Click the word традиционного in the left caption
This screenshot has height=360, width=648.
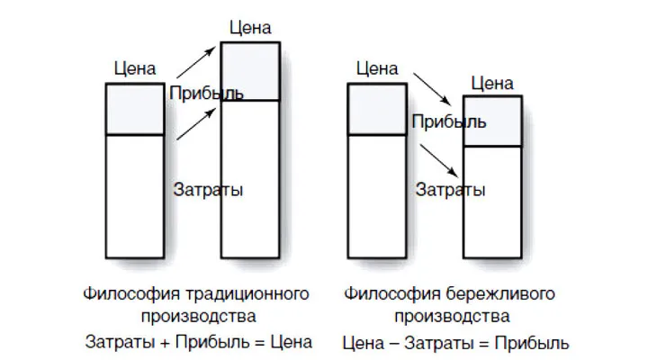click(x=247, y=294)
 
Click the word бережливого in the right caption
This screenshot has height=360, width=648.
click(x=500, y=294)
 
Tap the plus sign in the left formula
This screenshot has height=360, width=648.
click(x=165, y=343)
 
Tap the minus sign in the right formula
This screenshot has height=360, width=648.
click(x=394, y=344)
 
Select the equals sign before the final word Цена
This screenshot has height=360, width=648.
click(x=259, y=343)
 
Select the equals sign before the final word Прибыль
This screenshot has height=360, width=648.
click(x=484, y=344)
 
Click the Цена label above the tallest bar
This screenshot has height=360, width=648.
click(x=250, y=28)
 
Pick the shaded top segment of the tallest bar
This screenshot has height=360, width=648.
click(x=250, y=71)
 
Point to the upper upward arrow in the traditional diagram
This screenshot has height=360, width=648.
click(x=196, y=62)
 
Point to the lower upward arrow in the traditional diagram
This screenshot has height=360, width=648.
click(x=196, y=124)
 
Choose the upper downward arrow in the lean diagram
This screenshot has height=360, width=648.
click(x=432, y=89)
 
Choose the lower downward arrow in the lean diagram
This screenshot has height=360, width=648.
click(x=439, y=161)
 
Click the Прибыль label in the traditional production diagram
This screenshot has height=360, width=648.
click(x=206, y=93)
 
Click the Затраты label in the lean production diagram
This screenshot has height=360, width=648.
click(x=450, y=190)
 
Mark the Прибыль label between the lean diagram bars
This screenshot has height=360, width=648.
click(x=449, y=121)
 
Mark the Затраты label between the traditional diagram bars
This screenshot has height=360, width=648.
click(x=208, y=190)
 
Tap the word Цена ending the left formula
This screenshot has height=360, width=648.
click(x=292, y=343)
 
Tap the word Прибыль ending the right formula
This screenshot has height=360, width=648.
click(x=532, y=344)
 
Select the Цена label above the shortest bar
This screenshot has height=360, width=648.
click(x=492, y=84)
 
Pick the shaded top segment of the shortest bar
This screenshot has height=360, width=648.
click(x=492, y=121)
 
